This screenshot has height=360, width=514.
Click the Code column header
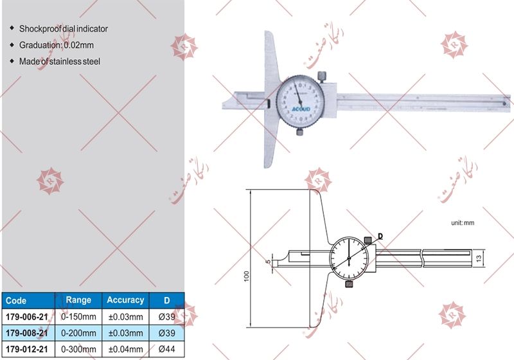[15, 300]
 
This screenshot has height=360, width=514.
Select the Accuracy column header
[125, 300]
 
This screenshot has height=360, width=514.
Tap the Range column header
[78, 300]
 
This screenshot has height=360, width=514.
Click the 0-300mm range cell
[78, 349]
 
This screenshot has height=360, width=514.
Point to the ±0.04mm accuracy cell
[125, 349]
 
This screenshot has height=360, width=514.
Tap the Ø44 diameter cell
[166, 349]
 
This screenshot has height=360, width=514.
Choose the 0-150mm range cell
[78, 316]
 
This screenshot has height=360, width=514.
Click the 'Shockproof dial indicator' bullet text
[63, 29]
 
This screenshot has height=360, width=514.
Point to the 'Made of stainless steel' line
[60, 62]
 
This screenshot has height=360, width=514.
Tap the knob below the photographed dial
[300, 132]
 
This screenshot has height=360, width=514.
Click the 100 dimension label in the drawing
[247, 276]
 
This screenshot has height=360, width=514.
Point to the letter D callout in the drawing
[380, 236]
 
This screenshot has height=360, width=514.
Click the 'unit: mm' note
[462, 222]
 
